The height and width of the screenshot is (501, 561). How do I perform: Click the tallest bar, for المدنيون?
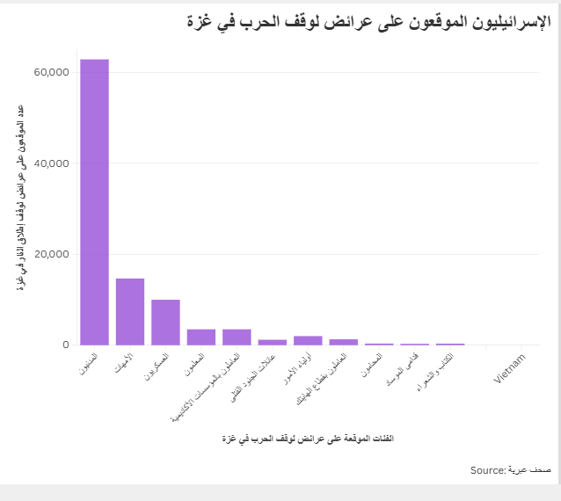[x=94, y=202]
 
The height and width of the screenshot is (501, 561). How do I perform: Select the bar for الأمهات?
[x=130, y=312]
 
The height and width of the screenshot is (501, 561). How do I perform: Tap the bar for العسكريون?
[x=165, y=323]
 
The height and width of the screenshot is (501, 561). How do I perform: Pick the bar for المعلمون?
[x=201, y=337]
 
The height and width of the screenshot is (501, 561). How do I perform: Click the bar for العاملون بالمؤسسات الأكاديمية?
[x=237, y=337]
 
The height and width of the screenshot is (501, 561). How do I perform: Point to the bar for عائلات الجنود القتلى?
[x=273, y=342]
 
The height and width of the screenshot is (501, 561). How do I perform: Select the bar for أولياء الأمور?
[x=308, y=340]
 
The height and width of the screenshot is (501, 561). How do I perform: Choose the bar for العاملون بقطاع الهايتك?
[x=344, y=342]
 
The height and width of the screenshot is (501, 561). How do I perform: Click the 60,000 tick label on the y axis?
[x=50, y=72]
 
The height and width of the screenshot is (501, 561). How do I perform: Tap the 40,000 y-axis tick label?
[x=50, y=163]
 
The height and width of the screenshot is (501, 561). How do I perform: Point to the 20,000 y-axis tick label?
[x=50, y=255]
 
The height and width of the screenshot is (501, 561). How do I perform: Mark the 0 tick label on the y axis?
[x=65, y=345]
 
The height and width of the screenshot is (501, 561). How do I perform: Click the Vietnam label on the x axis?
[x=510, y=368]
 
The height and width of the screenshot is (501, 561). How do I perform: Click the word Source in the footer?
[x=487, y=470]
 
